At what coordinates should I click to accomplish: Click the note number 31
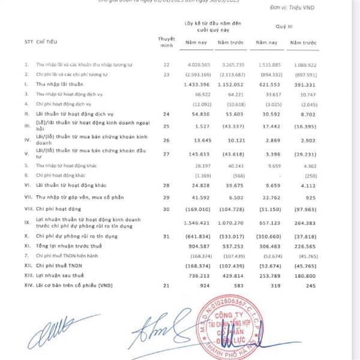coord(166,238)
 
